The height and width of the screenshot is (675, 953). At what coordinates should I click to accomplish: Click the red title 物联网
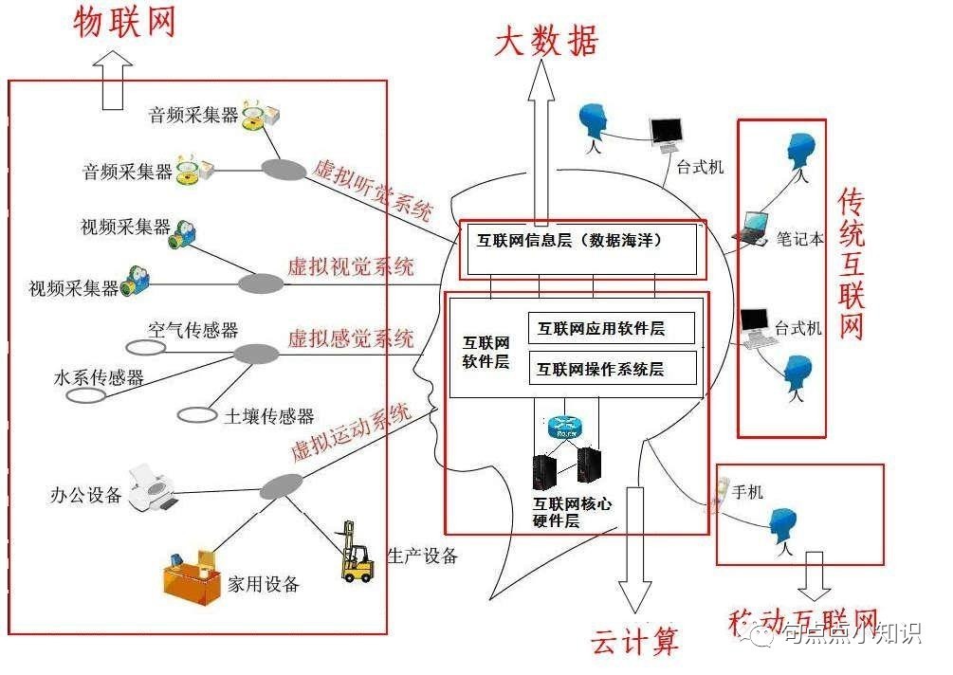(x=124, y=23)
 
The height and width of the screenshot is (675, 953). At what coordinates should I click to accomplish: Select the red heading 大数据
(x=546, y=41)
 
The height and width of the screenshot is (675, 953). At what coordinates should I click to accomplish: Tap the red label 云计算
(x=634, y=641)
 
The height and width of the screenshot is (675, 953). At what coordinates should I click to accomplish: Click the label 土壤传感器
(x=269, y=417)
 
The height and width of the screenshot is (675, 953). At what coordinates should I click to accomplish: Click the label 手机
(x=746, y=491)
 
